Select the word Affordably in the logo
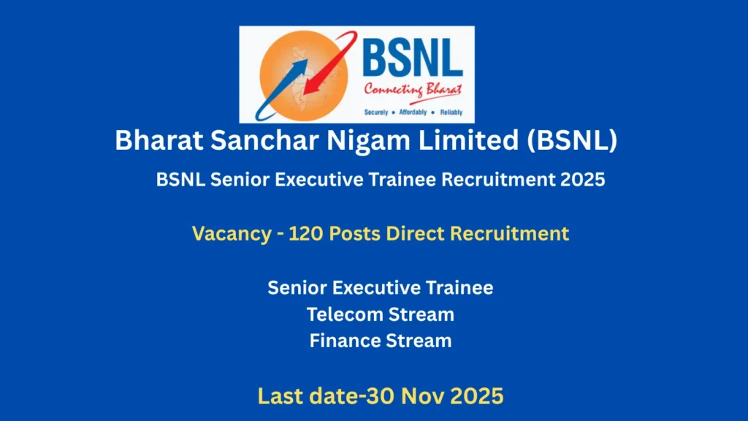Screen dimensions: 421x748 pos(414,113)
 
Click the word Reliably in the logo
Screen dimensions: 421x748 pos(451,113)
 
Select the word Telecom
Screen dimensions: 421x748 pos(347,314)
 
